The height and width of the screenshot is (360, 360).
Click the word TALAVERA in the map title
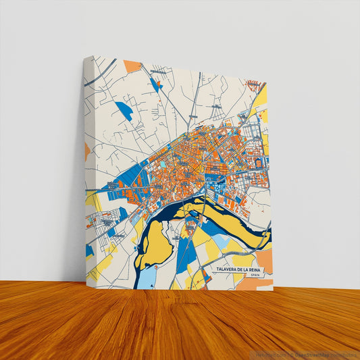click(224, 269)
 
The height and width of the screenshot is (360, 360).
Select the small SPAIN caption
click(254, 276)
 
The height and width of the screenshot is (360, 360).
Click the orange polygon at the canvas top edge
click(132, 66)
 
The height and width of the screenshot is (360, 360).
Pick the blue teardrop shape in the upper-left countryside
click(124, 110)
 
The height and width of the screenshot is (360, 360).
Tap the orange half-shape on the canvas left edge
click(87, 151)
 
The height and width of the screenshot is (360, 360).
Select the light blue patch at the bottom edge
click(148, 278)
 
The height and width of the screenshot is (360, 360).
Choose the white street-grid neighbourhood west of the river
click(105, 224)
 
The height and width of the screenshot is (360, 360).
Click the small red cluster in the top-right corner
click(253, 84)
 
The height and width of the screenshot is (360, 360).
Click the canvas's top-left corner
click(86, 57)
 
